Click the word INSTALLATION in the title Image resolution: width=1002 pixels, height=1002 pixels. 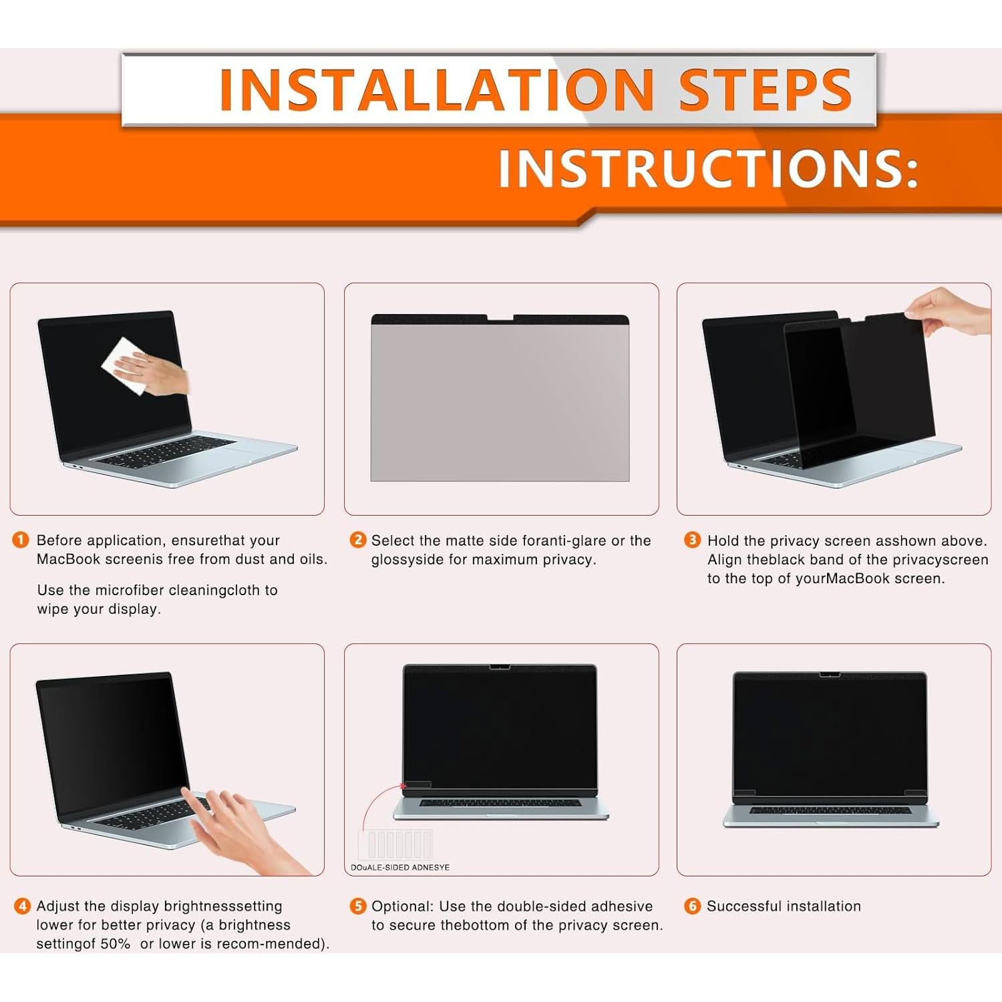[x=436, y=90]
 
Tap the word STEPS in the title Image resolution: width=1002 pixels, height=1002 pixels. [x=765, y=90]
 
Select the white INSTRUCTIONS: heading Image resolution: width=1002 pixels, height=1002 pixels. [x=708, y=168]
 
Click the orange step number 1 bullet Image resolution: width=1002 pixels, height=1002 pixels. [x=21, y=540]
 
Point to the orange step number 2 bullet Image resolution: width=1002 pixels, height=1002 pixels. [x=358, y=540]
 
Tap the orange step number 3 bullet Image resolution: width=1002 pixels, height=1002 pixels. [x=693, y=540]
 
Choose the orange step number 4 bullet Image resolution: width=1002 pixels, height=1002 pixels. [x=22, y=906]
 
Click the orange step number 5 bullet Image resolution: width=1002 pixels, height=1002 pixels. [x=358, y=906]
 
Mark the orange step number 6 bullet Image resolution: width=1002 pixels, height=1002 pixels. [x=693, y=906]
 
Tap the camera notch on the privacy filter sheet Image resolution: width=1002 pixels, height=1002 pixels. [x=500, y=318]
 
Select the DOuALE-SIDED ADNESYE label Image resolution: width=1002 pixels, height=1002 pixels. [x=400, y=867]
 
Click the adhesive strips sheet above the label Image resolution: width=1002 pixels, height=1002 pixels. [x=395, y=844]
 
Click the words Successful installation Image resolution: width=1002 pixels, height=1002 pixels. [x=784, y=906]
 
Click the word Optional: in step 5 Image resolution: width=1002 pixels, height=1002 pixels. [x=403, y=906]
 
